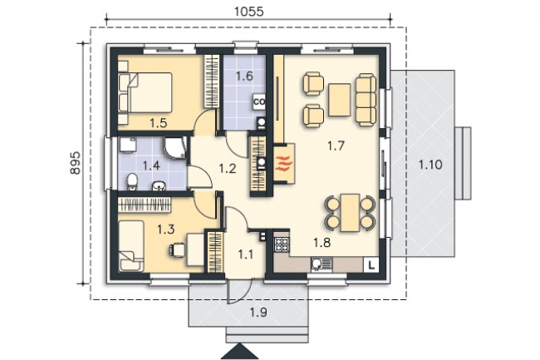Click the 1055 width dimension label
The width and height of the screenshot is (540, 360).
click(x=248, y=12)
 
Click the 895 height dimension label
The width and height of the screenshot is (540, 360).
click(x=75, y=162)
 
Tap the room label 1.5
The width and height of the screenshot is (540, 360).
click(x=159, y=123)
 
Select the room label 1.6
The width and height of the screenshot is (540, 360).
click(x=244, y=76)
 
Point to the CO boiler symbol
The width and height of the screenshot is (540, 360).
click(x=259, y=102)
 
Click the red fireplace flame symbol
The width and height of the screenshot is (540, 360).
click(x=284, y=163)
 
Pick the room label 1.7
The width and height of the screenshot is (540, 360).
click(x=336, y=145)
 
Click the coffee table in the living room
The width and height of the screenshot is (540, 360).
click(x=340, y=100)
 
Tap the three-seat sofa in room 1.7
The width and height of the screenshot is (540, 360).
click(x=366, y=99)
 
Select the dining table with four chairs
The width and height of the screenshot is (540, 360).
click(x=350, y=213)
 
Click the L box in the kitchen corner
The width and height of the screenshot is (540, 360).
click(x=371, y=265)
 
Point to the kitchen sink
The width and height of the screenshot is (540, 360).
click(x=321, y=264)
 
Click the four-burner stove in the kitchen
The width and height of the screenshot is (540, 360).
click(x=282, y=244)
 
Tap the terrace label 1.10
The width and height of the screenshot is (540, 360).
click(x=430, y=165)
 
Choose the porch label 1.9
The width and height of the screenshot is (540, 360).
click(x=258, y=313)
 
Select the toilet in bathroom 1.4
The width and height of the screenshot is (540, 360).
click(x=132, y=181)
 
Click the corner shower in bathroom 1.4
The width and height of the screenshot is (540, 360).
click(x=175, y=148)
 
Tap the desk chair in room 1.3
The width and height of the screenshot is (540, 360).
click(x=177, y=249)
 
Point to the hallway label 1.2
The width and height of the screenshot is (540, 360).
click(x=228, y=169)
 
